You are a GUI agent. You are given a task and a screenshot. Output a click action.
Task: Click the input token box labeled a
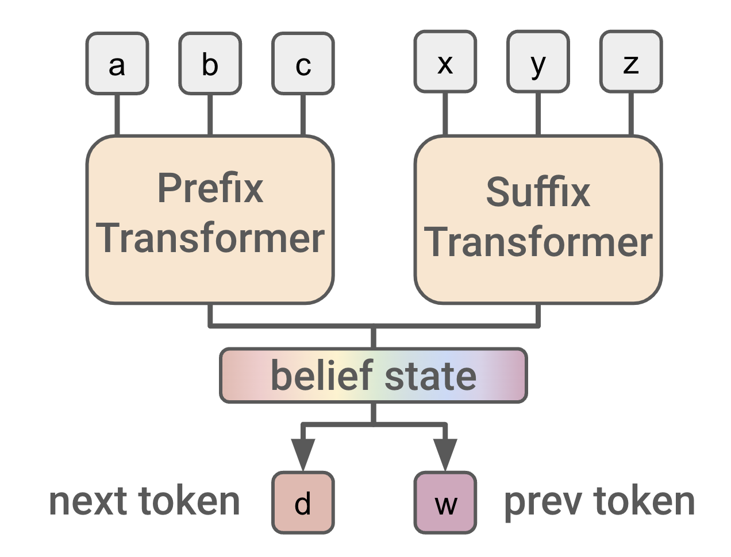tap(117, 64)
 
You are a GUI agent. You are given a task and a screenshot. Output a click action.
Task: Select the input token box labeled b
tap(210, 64)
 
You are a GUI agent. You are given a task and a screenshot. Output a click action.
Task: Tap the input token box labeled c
tap(303, 64)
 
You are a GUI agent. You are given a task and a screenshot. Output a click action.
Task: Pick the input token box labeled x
tap(445, 62)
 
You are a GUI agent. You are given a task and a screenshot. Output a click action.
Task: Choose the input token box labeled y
tap(538, 62)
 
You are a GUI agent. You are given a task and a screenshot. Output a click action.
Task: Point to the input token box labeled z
tap(631, 62)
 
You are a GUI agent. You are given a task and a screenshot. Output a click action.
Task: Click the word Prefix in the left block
tap(210, 188)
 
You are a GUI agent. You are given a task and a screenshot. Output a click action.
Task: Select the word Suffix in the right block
tap(538, 192)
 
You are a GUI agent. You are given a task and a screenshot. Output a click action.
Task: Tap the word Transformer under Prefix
tap(210, 238)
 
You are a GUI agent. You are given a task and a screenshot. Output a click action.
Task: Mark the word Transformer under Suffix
tap(538, 242)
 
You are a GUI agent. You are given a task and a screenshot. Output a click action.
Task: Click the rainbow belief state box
tap(374, 376)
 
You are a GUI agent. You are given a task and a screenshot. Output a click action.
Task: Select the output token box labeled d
tap(303, 503)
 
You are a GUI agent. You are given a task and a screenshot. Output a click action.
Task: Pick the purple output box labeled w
tap(445, 503)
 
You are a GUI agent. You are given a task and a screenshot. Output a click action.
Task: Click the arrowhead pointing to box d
tap(303, 454)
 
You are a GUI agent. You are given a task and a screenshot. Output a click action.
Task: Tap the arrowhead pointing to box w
tap(445, 454)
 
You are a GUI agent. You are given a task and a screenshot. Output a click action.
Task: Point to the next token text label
tap(144, 501)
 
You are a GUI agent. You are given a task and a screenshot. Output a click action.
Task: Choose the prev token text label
tap(599, 501)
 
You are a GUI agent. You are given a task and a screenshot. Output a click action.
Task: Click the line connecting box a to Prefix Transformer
tap(117, 115)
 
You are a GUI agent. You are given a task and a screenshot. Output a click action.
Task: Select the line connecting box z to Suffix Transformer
tap(631, 114)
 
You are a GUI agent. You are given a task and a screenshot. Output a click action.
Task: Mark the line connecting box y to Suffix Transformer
tap(538, 114)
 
